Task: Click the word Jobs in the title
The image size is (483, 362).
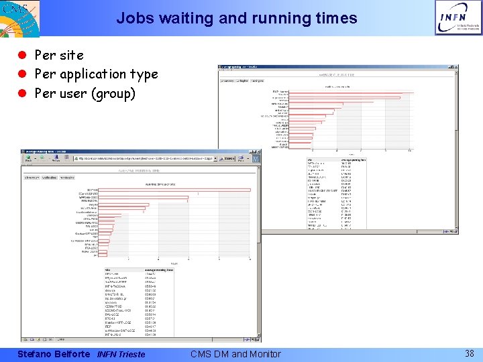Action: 131,18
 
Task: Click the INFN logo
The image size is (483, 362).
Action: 458,17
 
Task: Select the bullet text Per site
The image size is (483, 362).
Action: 58,55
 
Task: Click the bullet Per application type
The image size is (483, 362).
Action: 96,74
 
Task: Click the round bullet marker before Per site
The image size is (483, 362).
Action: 22,56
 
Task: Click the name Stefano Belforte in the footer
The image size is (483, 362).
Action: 52,353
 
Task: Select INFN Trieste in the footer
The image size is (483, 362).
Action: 121,354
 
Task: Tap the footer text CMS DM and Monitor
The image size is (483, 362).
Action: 235,353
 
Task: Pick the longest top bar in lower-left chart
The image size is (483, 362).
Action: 174,190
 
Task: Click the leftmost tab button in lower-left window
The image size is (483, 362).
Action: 32,178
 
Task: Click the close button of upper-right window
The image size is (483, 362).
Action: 455,68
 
